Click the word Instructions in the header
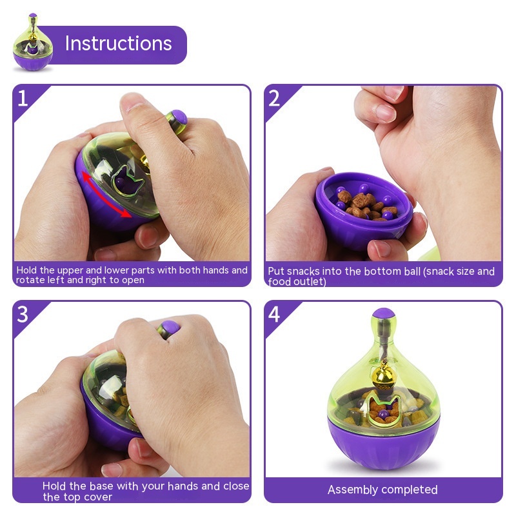pyautogui.click(x=119, y=43)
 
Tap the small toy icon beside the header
pyautogui.click(x=33, y=42)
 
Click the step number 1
pyautogui.click(x=23, y=98)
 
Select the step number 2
pyautogui.click(x=274, y=98)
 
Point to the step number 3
pyautogui.click(x=23, y=314)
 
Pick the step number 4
pyautogui.click(x=274, y=314)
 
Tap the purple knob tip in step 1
pyautogui.click(x=179, y=117)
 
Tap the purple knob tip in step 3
pyautogui.click(x=171, y=328)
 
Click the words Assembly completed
pyautogui.click(x=382, y=490)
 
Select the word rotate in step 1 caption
pyautogui.click(x=29, y=280)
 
